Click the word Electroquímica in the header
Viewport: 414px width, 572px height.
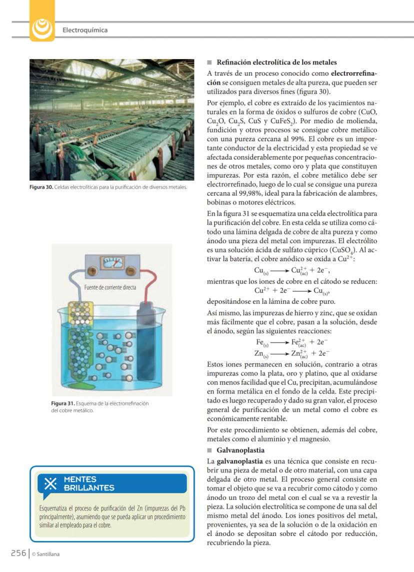pos(85,30)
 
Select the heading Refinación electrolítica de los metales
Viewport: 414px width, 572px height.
pos(276,63)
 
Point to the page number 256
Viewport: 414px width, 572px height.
pos(18,552)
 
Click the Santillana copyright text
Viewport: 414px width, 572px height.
pos(45,553)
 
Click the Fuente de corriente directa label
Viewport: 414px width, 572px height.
pos(110,287)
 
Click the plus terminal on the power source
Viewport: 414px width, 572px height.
pos(92,271)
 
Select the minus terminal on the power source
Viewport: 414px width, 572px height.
pos(131,271)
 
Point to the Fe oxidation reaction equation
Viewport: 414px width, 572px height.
pos(291,343)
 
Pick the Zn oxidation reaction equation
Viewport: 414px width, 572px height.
pos(291,354)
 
